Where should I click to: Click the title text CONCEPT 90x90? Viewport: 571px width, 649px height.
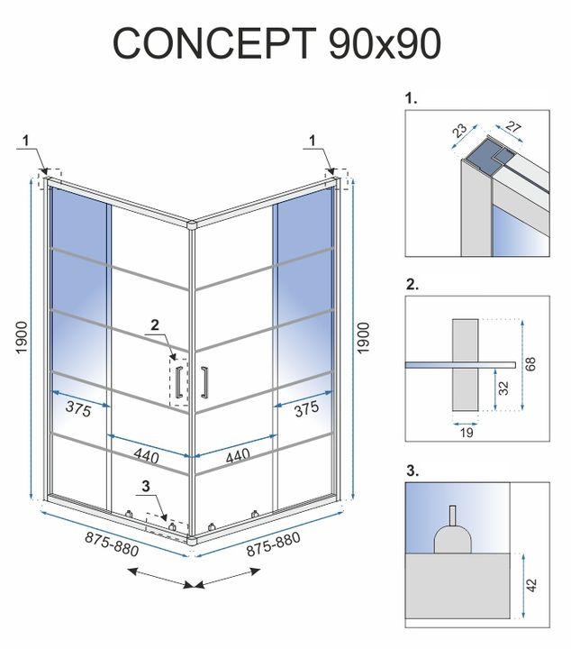[x=277, y=42]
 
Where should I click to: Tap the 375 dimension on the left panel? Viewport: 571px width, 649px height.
[x=79, y=408]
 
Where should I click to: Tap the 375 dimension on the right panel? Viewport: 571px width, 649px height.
[x=306, y=408]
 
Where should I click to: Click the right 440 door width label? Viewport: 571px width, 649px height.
[x=237, y=457]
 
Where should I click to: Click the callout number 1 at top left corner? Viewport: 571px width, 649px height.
[x=27, y=139]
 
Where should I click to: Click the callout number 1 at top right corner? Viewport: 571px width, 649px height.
[x=313, y=139]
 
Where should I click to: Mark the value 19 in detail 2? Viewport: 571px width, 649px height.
[x=464, y=432]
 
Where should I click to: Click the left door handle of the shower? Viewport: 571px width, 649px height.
[x=180, y=380]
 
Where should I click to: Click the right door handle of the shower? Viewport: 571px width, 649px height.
[x=205, y=380]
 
